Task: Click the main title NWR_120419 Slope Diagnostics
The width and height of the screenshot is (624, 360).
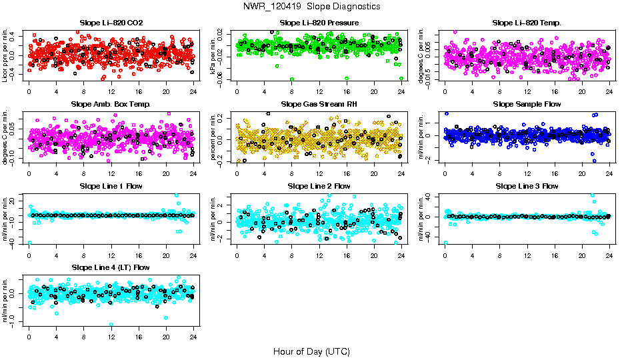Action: pos(312,6)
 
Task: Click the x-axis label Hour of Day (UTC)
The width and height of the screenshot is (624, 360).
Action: pos(311,351)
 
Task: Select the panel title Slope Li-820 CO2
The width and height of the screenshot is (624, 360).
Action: pos(111,23)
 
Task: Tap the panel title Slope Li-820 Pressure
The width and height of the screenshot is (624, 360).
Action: pos(319,23)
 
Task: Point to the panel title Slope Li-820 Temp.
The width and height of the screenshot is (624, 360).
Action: pos(527,23)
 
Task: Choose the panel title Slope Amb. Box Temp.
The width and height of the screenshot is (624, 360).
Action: pos(111,104)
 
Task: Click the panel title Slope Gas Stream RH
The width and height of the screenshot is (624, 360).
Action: pos(319,104)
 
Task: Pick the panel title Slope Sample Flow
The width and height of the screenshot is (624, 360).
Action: pos(527,104)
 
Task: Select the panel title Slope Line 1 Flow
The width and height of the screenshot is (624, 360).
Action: pos(111,185)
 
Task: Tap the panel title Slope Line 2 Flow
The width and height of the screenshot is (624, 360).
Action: pos(319,185)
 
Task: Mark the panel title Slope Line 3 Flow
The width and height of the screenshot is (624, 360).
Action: pos(527,185)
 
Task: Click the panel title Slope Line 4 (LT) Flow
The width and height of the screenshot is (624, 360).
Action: pos(111,267)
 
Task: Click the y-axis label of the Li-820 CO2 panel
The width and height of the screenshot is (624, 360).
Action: pos(5,55)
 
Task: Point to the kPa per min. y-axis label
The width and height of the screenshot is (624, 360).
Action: pos(214,55)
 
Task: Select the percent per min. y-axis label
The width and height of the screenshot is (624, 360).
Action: pos(214,137)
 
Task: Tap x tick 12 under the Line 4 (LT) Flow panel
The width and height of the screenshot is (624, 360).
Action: pos(111,336)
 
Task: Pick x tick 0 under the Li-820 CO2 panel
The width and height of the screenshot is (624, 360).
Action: pos(29,91)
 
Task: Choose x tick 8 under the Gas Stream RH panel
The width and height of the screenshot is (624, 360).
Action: pos(292,173)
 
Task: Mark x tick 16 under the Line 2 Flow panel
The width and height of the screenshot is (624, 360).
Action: pos(347,255)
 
